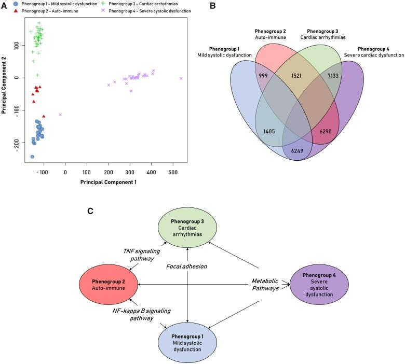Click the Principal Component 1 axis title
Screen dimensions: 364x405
point(108,182)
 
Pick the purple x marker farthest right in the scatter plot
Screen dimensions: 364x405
point(181,78)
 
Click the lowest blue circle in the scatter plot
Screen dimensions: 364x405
point(32,157)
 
